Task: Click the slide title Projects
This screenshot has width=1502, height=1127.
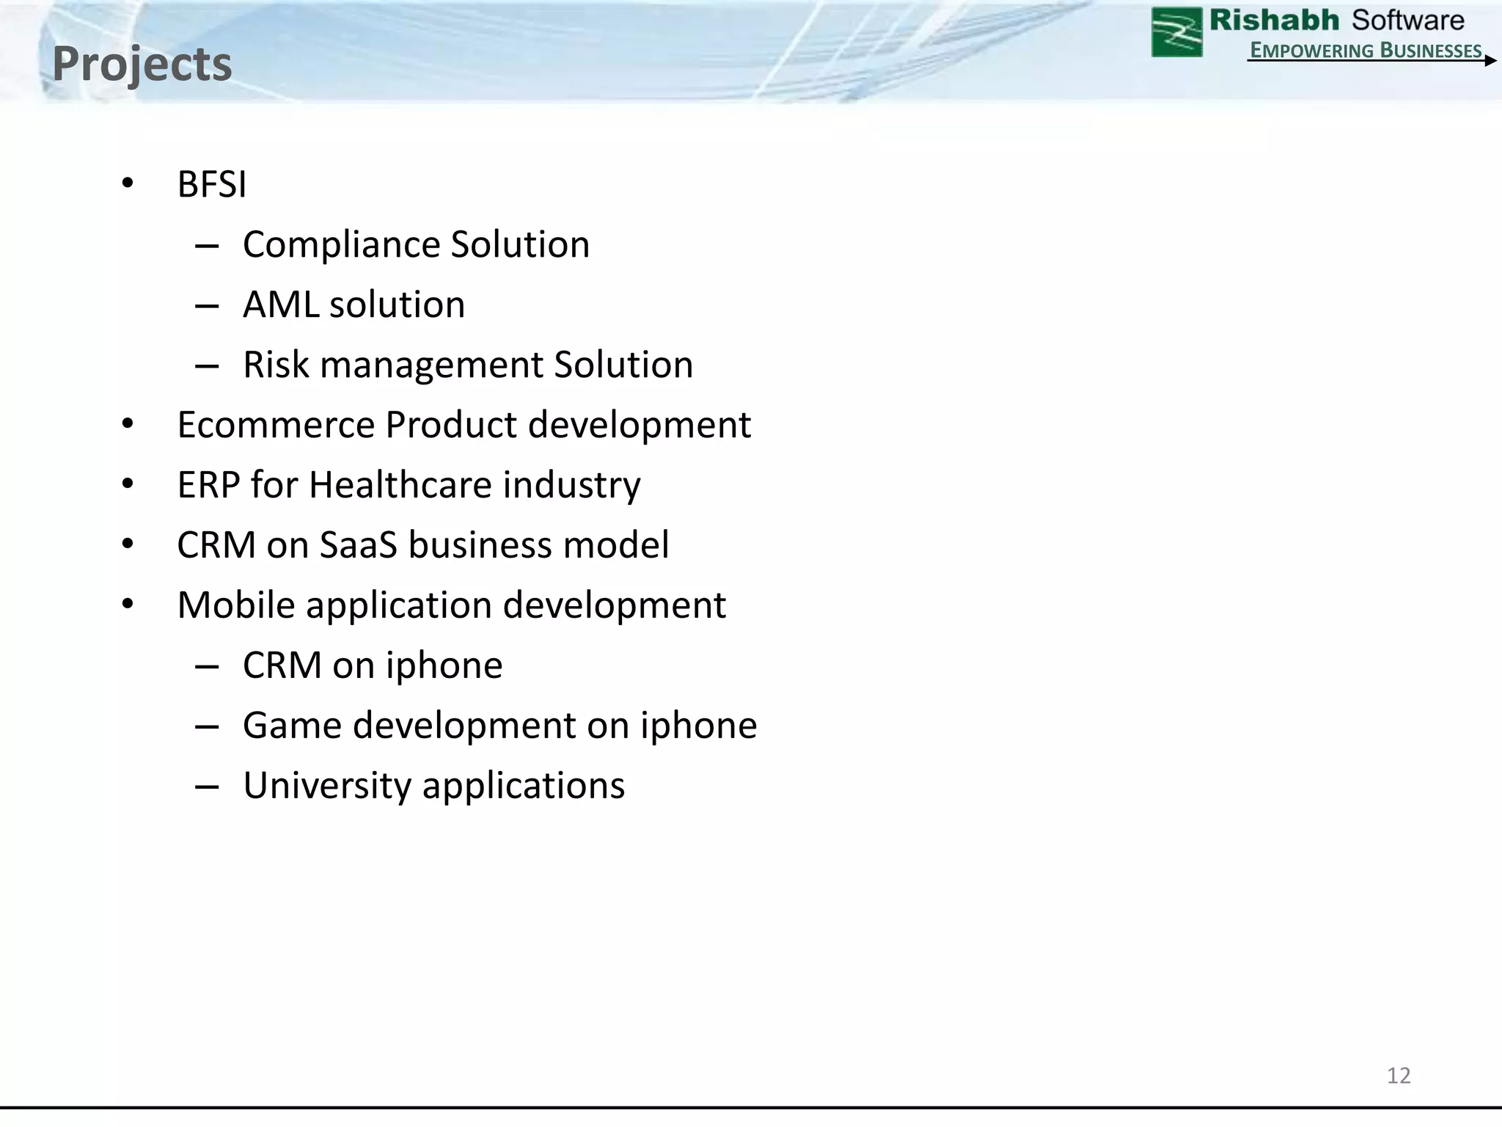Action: pyautogui.click(x=142, y=64)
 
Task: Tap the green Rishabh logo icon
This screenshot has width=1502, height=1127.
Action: pyautogui.click(x=1176, y=32)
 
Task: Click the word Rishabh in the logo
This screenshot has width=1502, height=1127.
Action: pyautogui.click(x=1274, y=21)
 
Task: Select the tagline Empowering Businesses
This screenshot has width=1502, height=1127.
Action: pyautogui.click(x=1366, y=50)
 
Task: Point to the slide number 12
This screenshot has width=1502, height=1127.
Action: pyautogui.click(x=1399, y=1075)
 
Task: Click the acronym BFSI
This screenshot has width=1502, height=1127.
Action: pyautogui.click(x=212, y=184)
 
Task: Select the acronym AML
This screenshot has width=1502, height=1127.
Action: pyautogui.click(x=280, y=304)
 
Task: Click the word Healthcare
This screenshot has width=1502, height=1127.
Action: pyautogui.click(x=400, y=485)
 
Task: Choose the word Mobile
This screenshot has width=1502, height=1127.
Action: pyautogui.click(x=236, y=605)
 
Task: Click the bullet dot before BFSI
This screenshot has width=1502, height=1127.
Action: pyautogui.click(x=128, y=183)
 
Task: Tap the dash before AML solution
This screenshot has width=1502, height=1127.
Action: pyautogui.click(x=207, y=306)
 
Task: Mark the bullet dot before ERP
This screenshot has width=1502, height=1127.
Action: pyautogui.click(x=128, y=484)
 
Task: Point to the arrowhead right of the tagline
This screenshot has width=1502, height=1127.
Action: pyautogui.click(x=1490, y=61)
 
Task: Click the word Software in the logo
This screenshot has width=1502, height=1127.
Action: pyautogui.click(x=1407, y=21)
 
